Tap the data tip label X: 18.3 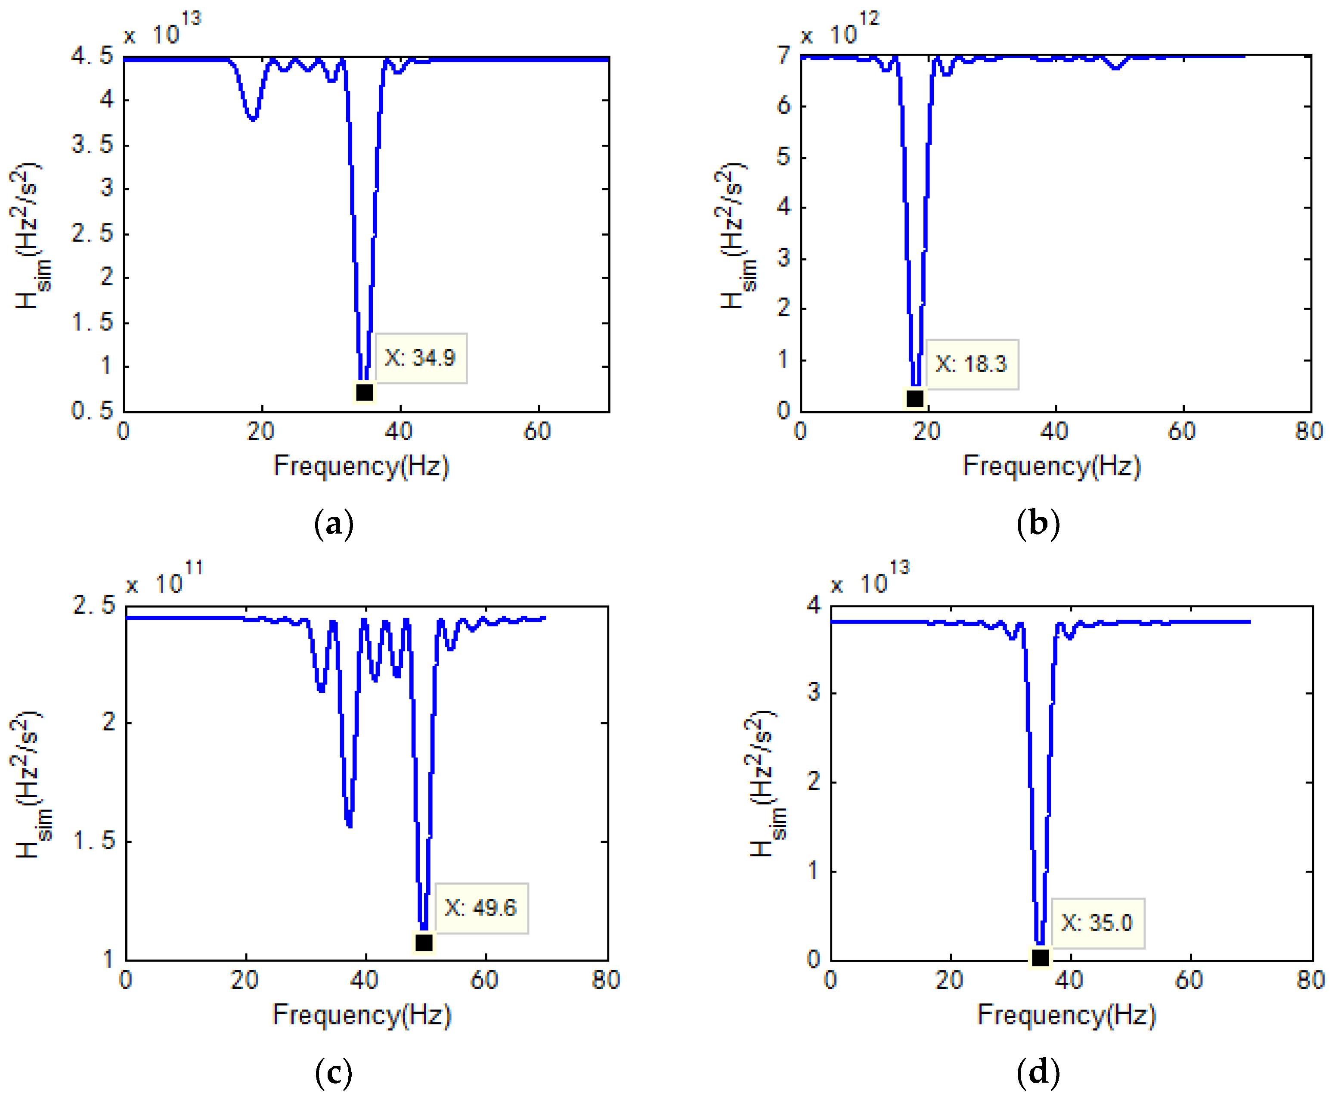tap(971, 364)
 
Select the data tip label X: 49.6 tap(481, 908)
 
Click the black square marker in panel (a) tap(364, 392)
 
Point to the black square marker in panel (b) tap(915, 398)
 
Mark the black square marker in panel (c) tap(424, 943)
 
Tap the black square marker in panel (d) tap(1040, 958)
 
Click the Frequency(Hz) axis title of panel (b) tap(1052, 466)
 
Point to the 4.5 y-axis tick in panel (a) tap(92, 56)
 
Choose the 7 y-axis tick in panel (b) tap(784, 56)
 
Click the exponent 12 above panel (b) tap(869, 19)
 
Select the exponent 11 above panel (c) tap(194, 568)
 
